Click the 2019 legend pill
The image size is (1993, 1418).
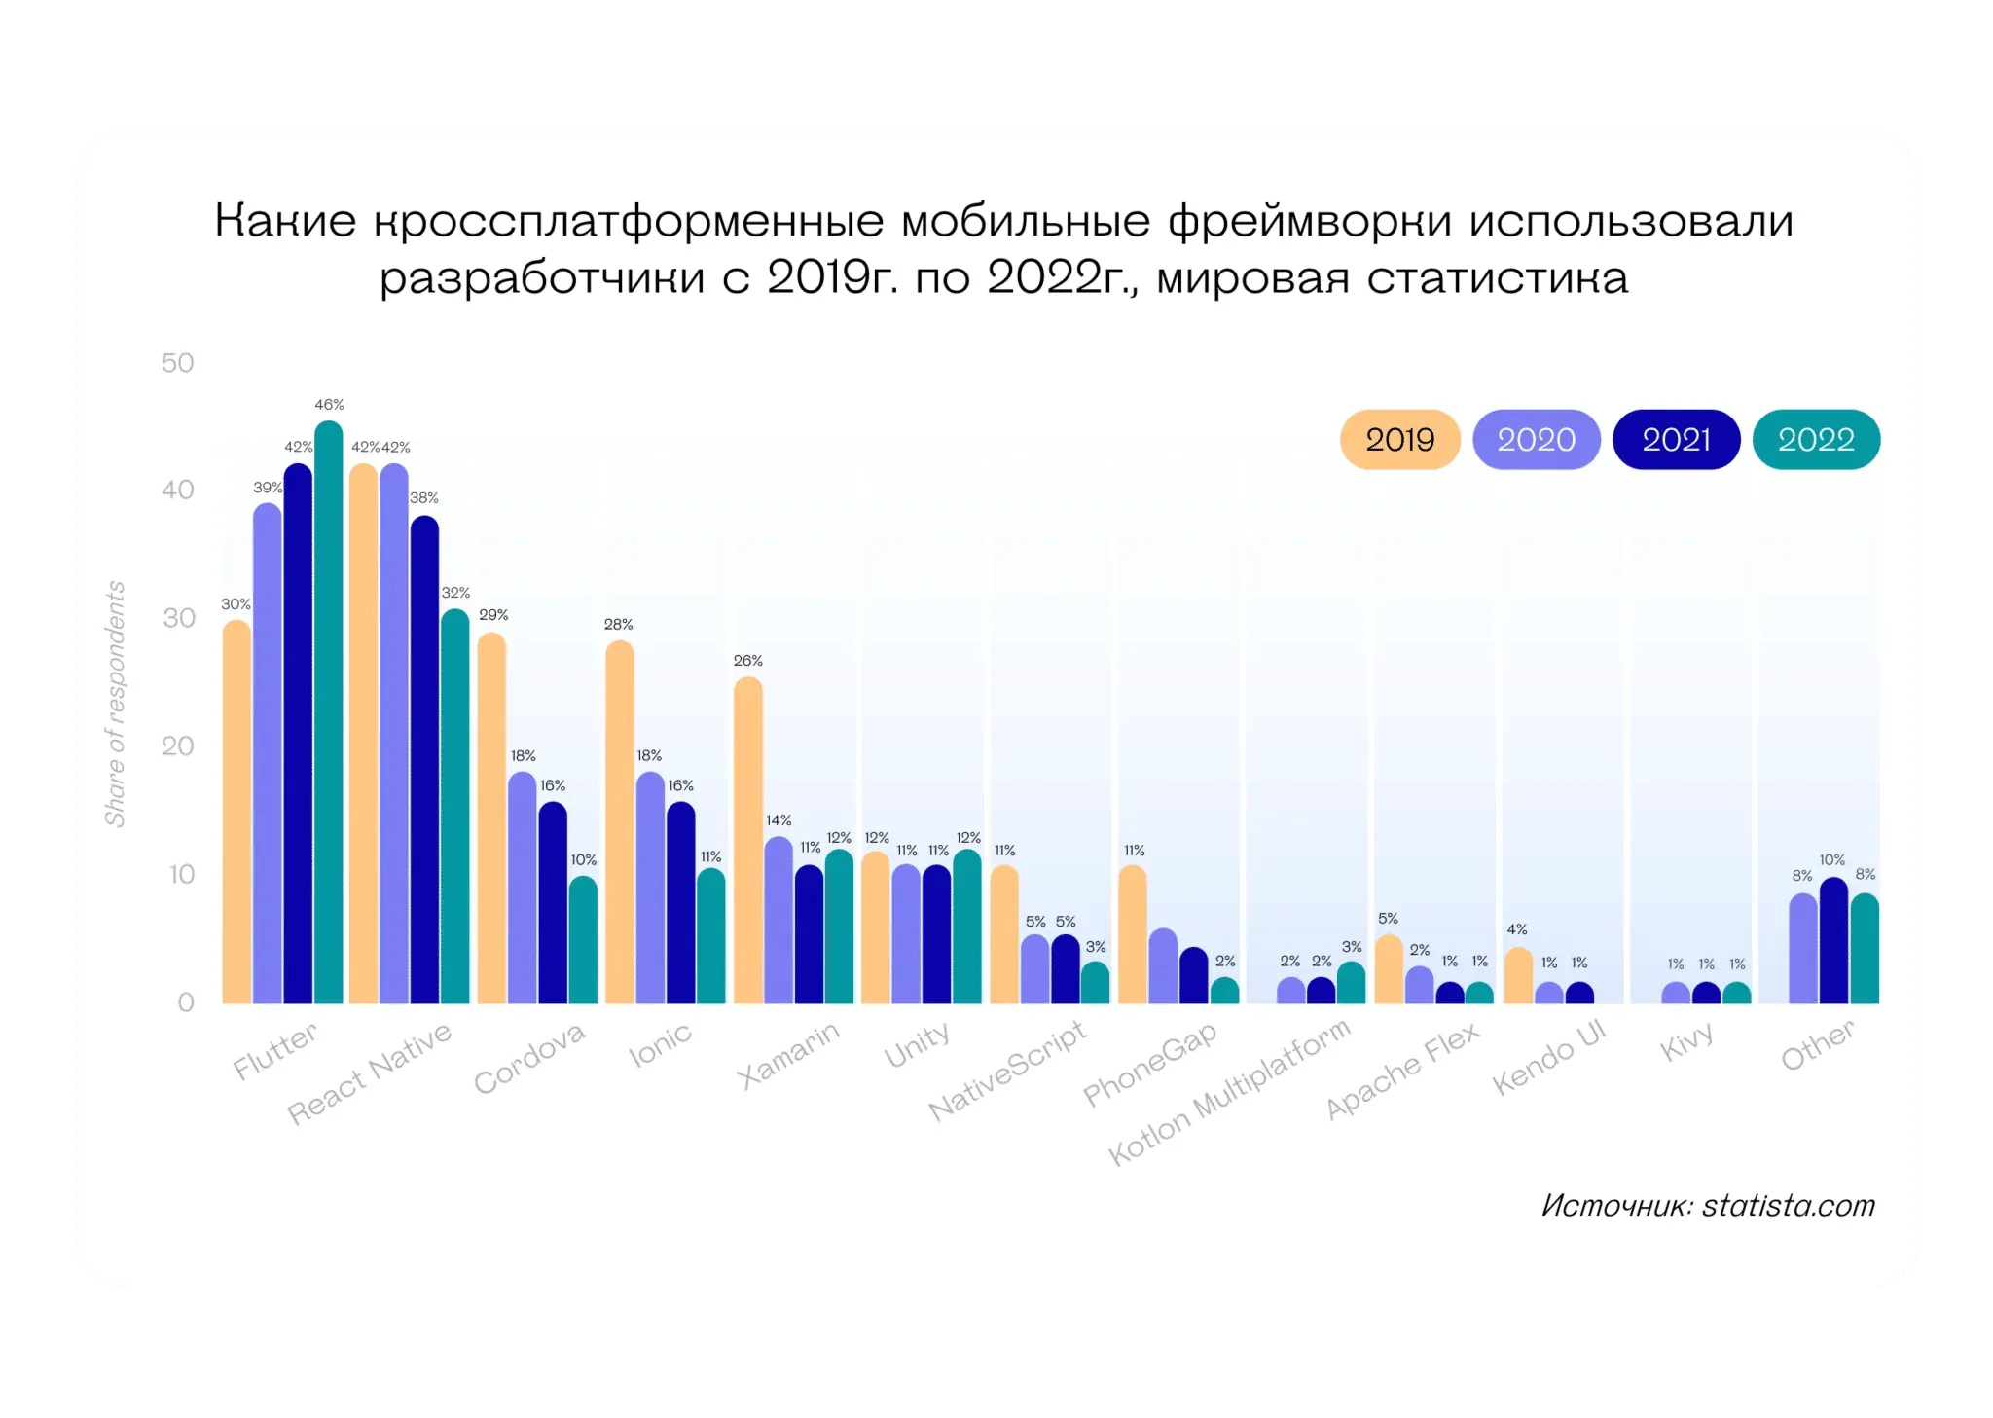1399,440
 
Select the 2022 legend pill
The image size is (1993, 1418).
1816,440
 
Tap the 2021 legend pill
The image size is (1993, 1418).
1676,440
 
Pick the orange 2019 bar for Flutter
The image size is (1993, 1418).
236,813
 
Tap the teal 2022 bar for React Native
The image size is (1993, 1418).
454,807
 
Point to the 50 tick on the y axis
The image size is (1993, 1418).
178,363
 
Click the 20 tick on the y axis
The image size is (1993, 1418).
178,746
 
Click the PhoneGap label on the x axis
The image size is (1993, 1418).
1149,1064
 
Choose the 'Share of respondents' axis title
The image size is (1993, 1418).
116,704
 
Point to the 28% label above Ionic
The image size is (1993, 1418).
619,624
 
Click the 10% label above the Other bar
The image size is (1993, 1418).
1832,860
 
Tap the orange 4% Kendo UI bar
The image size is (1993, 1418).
1518,976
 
